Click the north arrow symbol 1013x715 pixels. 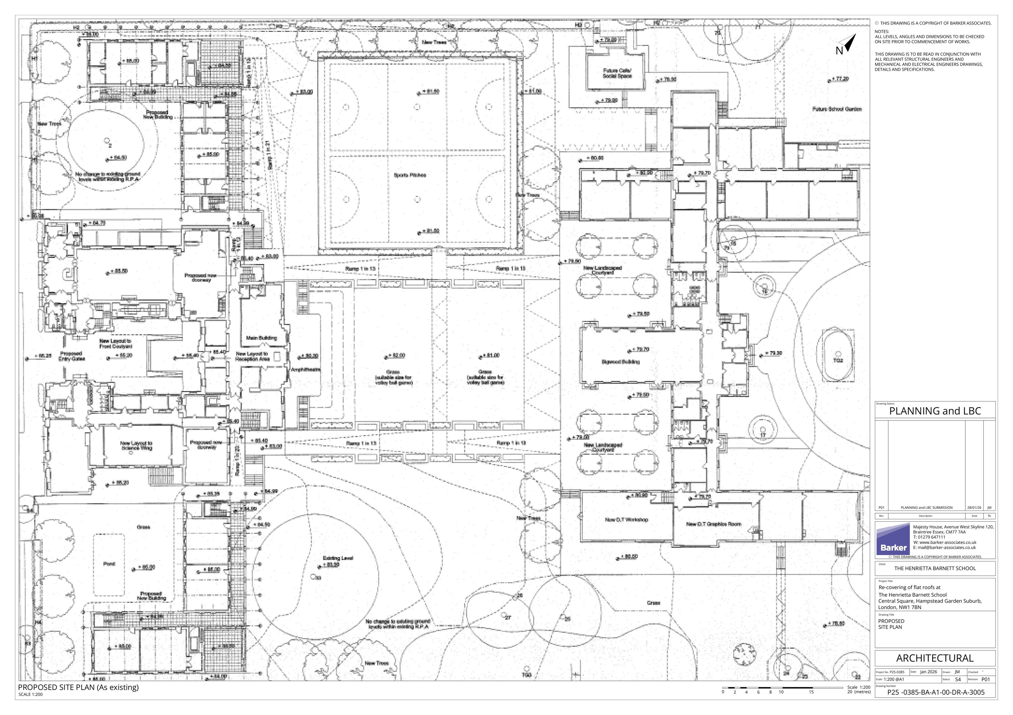coord(849,44)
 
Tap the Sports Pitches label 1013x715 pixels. coord(410,175)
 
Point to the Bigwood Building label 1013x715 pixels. coord(620,362)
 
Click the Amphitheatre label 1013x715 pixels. coord(305,370)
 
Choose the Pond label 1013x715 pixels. coord(109,564)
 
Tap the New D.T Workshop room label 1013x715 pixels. coord(626,520)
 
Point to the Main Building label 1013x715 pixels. coord(262,338)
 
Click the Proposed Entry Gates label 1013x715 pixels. coord(72,356)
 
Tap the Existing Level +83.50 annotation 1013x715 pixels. coord(338,561)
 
